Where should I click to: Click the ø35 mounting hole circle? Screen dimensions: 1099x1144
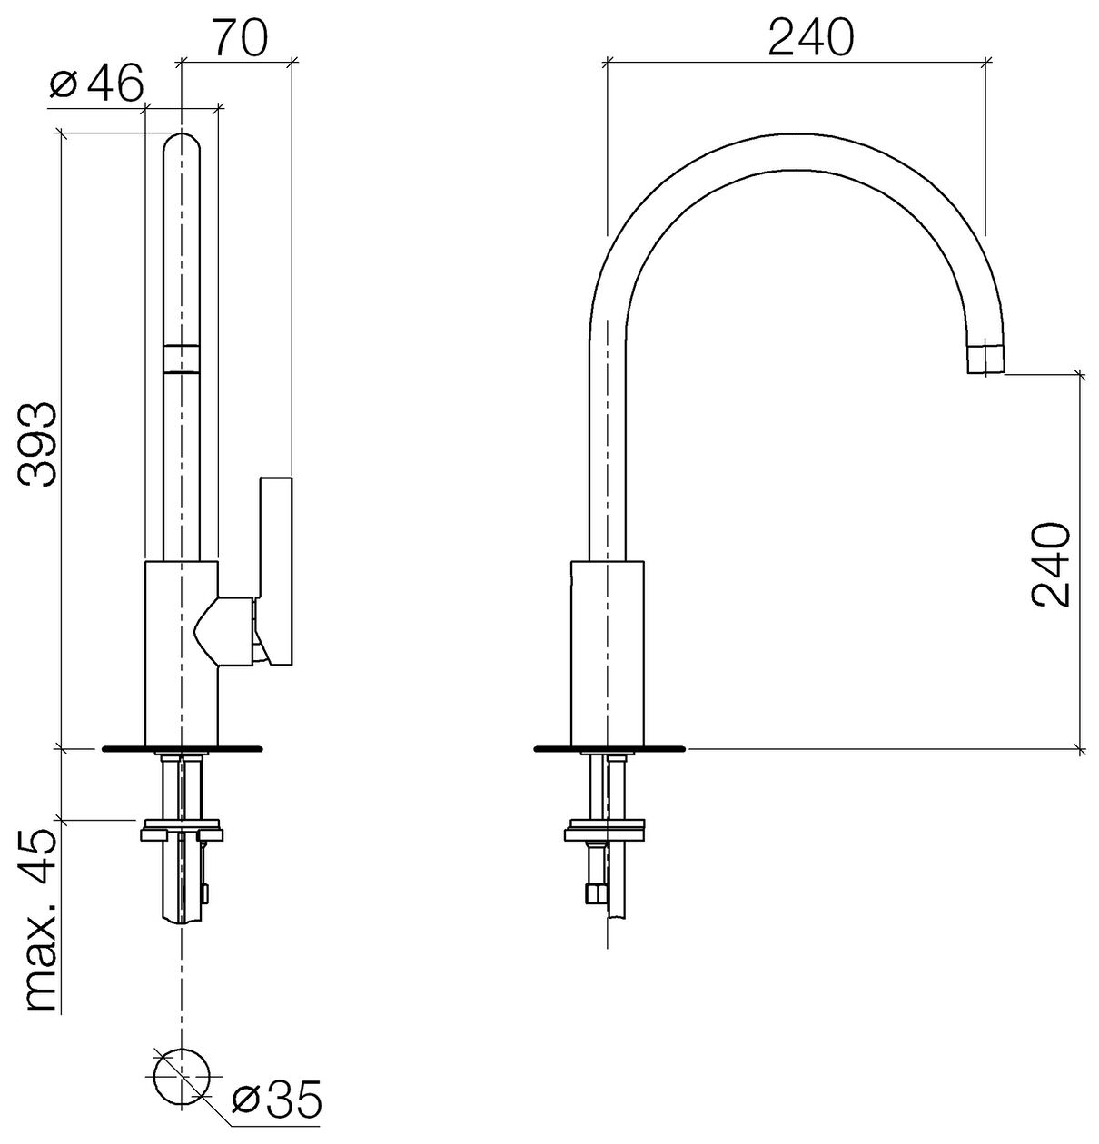[181, 1077]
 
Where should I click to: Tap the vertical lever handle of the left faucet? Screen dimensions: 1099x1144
[276, 571]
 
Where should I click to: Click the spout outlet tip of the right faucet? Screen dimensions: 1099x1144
[986, 359]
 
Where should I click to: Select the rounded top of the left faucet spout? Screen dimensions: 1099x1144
[181, 146]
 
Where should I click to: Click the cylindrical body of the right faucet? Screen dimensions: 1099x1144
[608, 653]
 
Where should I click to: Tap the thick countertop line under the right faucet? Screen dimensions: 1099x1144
[609, 749]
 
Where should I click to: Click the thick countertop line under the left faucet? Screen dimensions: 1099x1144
[181, 749]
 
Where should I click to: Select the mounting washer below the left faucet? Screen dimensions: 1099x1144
[181, 830]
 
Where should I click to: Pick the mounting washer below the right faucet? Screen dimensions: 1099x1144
[605, 830]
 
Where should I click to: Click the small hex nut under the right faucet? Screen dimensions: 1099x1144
[595, 894]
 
